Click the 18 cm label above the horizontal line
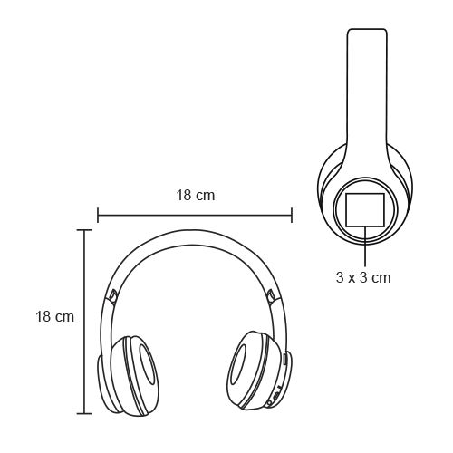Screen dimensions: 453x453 (196, 195)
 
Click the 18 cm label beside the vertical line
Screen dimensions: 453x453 (54, 316)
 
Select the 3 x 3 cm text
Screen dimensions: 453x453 (363, 277)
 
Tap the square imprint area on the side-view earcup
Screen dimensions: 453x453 (365, 210)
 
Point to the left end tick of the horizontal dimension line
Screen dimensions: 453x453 (98, 215)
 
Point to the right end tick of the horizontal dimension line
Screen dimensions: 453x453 (292, 215)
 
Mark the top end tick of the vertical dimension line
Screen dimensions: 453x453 (84, 230)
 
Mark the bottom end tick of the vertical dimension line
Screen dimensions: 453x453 (84, 413)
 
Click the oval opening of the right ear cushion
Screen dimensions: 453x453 (239, 365)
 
